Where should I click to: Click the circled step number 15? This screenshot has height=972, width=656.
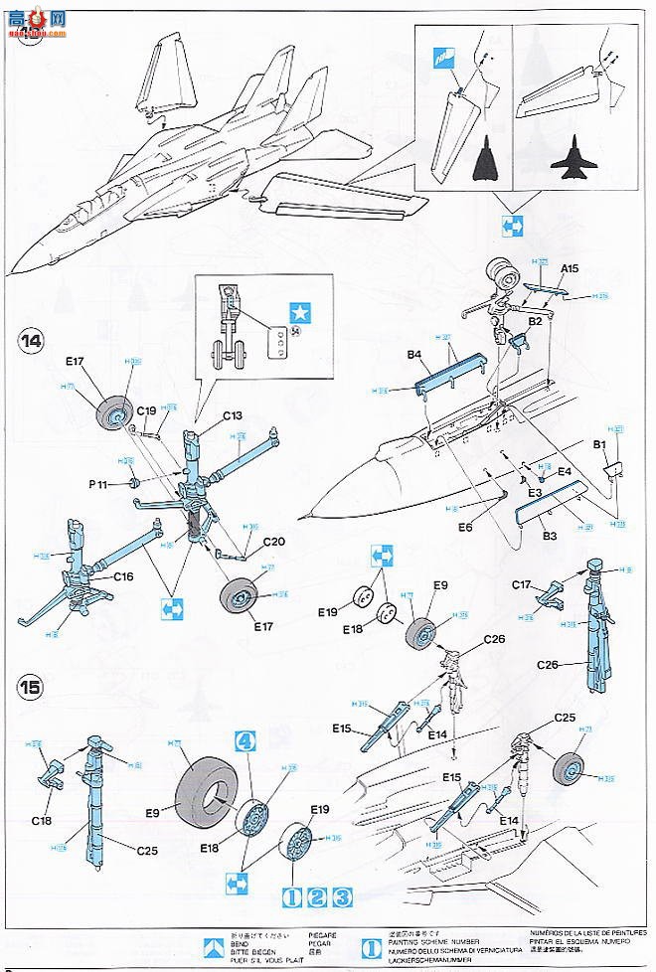[30, 687]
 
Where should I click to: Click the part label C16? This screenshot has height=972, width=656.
[122, 575]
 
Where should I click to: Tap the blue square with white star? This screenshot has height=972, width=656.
[297, 309]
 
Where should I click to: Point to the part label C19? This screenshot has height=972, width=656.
[146, 409]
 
